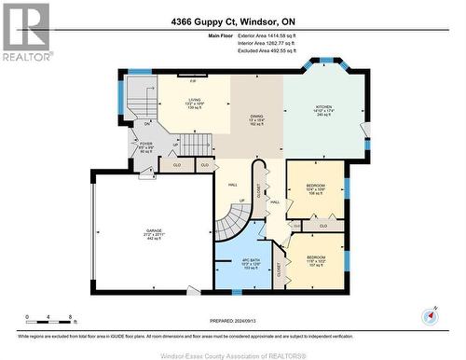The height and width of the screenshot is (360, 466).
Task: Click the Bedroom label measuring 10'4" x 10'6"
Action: [315, 189]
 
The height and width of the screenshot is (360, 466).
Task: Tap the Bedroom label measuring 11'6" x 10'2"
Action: [315, 261]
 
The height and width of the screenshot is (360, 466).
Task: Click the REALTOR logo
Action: [25, 33]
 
